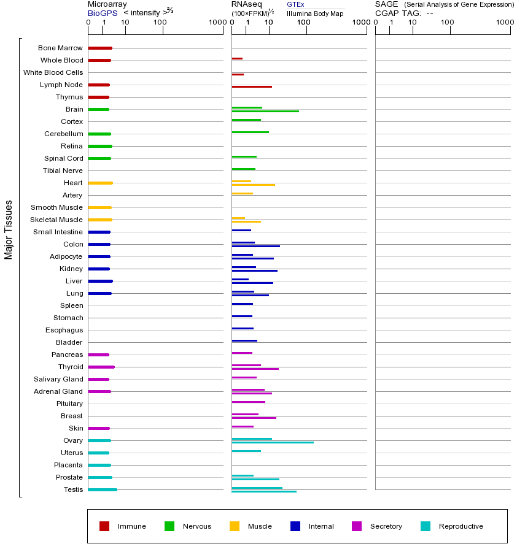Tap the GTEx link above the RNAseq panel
click(x=295, y=4)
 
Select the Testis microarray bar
click(x=102, y=489)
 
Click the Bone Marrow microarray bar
click(x=99, y=48)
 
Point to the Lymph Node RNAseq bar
click(x=252, y=86)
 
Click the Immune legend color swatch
click(x=104, y=526)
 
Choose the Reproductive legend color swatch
click(x=426, y=526)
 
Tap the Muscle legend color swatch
click(x=235, y=526)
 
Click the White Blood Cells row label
click(x=53, y=72)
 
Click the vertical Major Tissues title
click(x=9, y=229)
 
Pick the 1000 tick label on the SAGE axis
click(x=504, y=23)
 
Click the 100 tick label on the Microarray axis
click(x=160, y=23)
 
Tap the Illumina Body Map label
click(x=315, y=13)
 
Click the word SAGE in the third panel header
click(x=386, y=4)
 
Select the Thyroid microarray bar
click(x=101, y=367)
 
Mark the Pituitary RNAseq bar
click(x=248, y=402)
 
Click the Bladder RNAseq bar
click(x=244, y=340)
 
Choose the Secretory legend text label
click(x=386, y=526)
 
